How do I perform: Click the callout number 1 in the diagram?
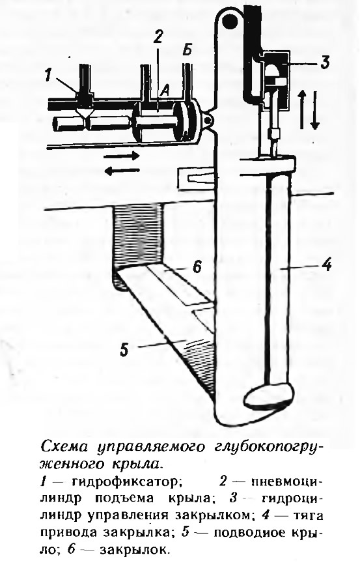48,76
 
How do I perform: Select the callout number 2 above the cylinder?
158,37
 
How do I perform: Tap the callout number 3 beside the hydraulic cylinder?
324,62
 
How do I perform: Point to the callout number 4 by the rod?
327,264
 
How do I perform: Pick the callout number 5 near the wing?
124,349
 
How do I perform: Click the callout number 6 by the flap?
197,267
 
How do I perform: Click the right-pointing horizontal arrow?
121,156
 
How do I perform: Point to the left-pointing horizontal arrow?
121,169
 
